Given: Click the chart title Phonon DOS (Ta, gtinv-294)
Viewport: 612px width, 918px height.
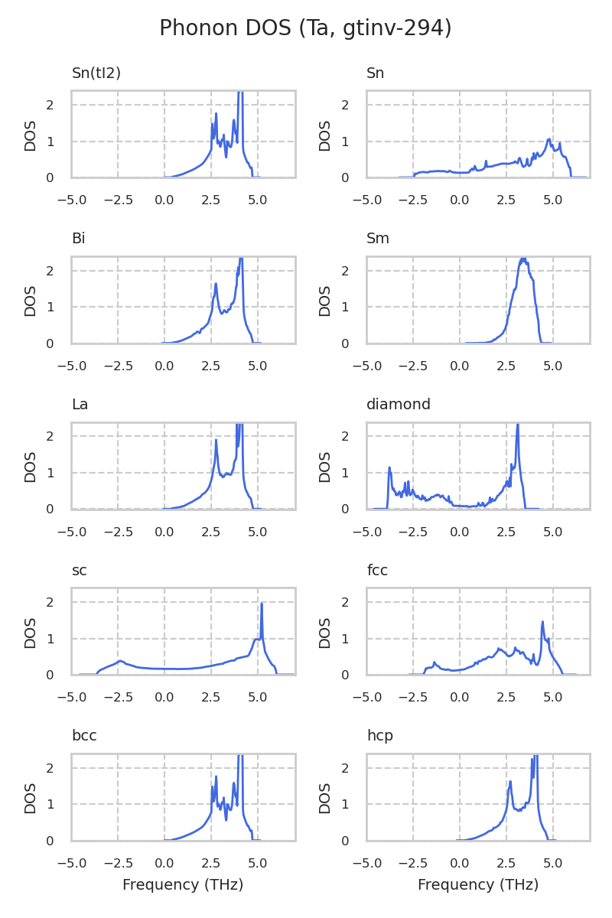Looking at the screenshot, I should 305,28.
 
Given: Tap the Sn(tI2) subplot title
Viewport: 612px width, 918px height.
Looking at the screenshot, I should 96,73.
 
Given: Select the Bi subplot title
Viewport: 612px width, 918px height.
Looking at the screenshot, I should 78,239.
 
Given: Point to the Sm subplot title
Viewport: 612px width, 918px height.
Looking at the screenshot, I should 378,239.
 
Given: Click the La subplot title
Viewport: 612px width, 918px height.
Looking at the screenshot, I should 80,405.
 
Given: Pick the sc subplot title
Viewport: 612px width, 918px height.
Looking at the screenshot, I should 79,571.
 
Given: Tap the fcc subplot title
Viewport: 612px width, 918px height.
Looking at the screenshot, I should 376,571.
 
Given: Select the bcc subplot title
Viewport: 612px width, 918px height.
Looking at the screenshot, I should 84,736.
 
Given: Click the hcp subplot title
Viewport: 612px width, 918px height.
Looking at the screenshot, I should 379,736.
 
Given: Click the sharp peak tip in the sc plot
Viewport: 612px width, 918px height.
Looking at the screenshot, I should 262,604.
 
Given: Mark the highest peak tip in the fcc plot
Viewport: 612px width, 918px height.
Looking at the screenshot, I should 542,622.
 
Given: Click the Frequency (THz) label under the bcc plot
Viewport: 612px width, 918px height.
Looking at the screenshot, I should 183,885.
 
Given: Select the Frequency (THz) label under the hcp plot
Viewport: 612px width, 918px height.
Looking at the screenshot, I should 478,885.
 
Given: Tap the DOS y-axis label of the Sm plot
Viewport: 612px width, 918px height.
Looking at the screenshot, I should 325,301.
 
